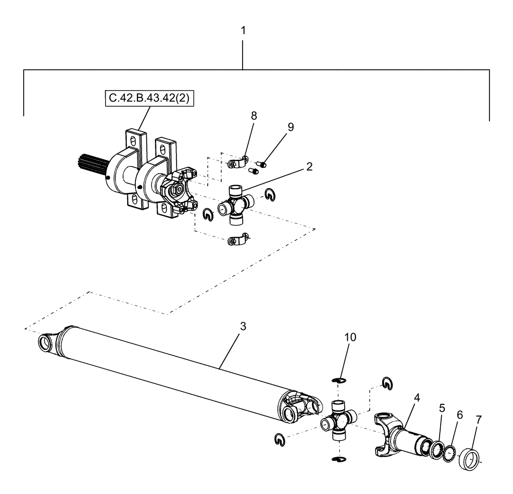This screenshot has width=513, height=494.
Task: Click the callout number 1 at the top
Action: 244,31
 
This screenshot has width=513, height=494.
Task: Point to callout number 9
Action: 290,127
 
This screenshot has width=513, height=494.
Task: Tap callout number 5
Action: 442,408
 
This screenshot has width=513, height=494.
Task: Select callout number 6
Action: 460,415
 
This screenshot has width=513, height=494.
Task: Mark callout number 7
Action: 479,420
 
